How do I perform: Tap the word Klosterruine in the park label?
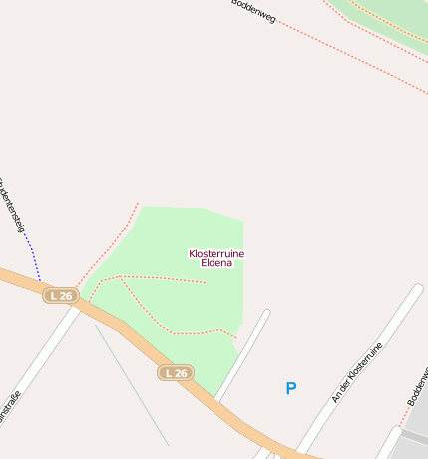(216, 254)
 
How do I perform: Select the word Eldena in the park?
(216, 264)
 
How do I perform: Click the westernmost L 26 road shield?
(61, 296)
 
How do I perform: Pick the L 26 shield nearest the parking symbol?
(176, 373)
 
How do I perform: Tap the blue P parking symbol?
(291, 388)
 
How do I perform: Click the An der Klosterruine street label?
(357, 374)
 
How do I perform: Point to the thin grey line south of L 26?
(135, 389)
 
